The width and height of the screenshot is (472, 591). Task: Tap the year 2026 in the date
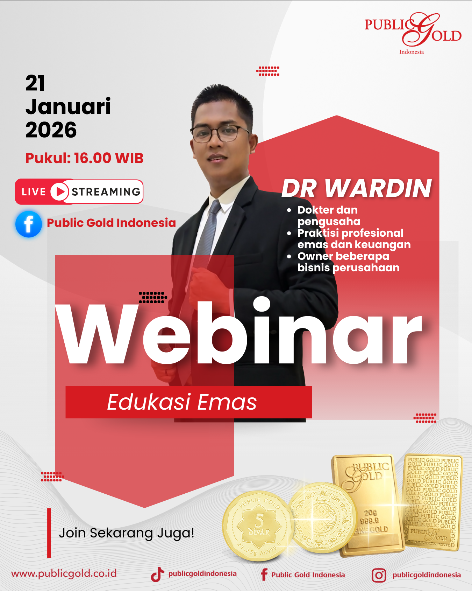51,130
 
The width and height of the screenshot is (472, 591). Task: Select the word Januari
68,106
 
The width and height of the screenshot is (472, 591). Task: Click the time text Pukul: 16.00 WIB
84,158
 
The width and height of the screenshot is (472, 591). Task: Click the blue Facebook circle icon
29,224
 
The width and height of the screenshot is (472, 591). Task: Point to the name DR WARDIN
357,188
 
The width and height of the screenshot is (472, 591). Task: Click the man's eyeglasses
219,133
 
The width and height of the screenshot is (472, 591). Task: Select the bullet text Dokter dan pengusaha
328,216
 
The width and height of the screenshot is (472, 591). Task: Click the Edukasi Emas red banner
188,402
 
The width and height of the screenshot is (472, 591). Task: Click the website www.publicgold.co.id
64,573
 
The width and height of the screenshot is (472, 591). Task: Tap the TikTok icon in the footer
157,575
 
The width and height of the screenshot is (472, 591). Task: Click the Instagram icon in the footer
379,575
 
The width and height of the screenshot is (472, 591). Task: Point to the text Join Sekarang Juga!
126,533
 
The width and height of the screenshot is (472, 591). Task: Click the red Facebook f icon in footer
264,575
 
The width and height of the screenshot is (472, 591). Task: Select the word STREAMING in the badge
106,192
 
